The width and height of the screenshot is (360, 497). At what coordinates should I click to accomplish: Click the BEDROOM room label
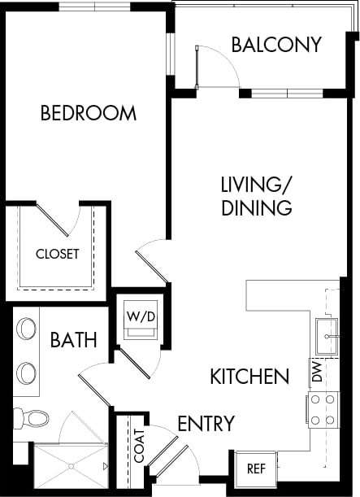click(89, 113)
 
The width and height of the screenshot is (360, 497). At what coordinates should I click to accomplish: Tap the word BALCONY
click(276, 44)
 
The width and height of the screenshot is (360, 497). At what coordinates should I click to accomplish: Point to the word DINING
click(257, 207)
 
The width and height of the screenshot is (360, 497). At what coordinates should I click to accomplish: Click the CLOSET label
click(58, 254)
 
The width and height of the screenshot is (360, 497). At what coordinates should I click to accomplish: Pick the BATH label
click(74, 339)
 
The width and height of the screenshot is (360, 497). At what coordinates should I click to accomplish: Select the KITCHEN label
click(249, 376)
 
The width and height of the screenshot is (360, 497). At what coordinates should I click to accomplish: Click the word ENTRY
click(206, 423)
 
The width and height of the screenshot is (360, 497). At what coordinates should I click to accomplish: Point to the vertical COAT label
click(139, 447)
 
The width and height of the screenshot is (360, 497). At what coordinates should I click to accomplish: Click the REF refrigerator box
click(256, 469)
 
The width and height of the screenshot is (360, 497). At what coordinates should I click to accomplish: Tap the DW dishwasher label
click(317, 373)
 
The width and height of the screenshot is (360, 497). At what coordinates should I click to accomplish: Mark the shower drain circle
click(72, 466)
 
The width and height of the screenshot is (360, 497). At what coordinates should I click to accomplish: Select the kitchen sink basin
click(327, 336)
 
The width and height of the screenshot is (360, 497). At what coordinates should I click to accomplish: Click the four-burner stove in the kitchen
click(323, 409)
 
